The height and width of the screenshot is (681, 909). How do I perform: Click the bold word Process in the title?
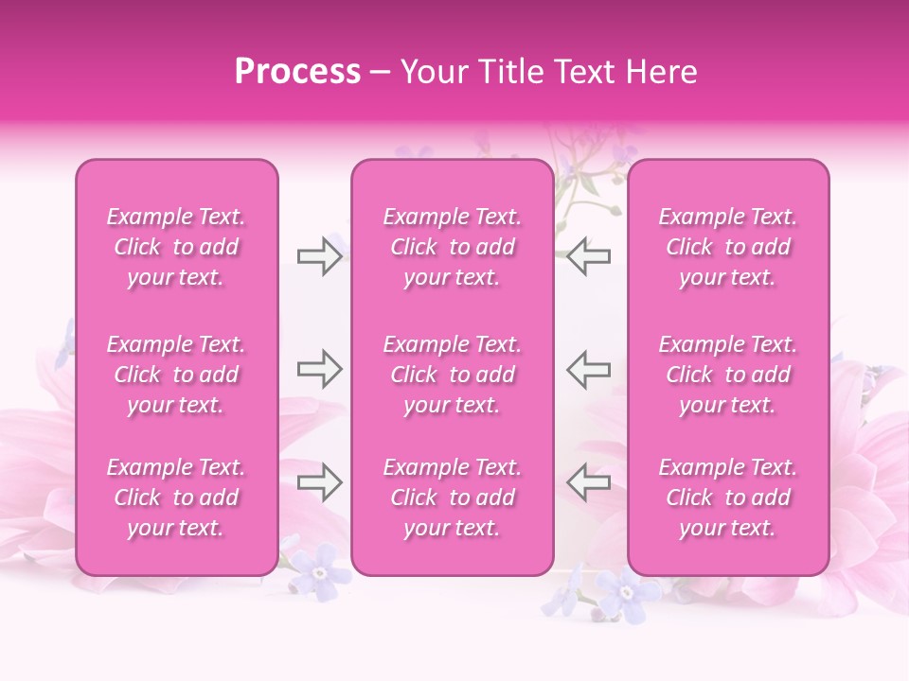(297, 72)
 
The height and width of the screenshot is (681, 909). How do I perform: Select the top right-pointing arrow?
(319, 256)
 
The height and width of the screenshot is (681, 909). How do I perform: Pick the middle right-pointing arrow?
(319, 369)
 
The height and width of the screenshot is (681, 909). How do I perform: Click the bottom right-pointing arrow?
(319, 482)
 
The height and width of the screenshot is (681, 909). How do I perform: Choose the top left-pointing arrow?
(588, 256)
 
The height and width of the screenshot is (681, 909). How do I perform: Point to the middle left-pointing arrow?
(588, 369)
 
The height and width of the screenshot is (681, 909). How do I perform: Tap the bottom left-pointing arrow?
(588, 482)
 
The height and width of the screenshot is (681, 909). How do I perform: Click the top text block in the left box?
(176, 247)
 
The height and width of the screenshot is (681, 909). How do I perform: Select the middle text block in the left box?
(176, 375)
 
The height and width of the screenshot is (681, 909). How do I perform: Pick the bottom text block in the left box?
(176, 498)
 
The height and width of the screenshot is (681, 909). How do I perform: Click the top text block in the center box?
(453, 247)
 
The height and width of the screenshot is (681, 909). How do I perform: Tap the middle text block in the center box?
(453, 375)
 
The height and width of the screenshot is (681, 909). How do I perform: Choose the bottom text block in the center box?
(453, 498)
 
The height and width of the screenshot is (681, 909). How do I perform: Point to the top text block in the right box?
(728, 247)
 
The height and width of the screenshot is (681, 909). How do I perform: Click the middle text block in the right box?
(728, 375)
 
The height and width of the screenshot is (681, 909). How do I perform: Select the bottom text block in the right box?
(728, 498)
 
